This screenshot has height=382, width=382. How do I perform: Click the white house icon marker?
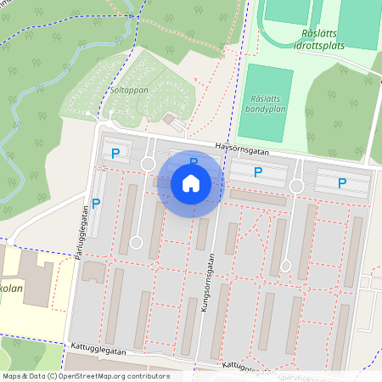click(x=190, y=183)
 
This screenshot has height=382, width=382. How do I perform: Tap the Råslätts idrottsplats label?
click(x=323, y=39)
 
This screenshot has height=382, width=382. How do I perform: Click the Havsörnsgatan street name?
click(x=242, y=147)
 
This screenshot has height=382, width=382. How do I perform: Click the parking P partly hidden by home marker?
click(x=194, y=161)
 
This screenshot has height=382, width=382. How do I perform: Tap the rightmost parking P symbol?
click(x=342, y=183)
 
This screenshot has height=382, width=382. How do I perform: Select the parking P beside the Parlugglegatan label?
click(x=96, y=203)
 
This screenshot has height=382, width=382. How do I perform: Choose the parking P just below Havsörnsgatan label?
click(x=258, y=172)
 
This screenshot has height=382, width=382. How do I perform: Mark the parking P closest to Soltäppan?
click(x=115, y=154)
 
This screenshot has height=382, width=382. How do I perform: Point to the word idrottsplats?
click(x=323, y=45)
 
